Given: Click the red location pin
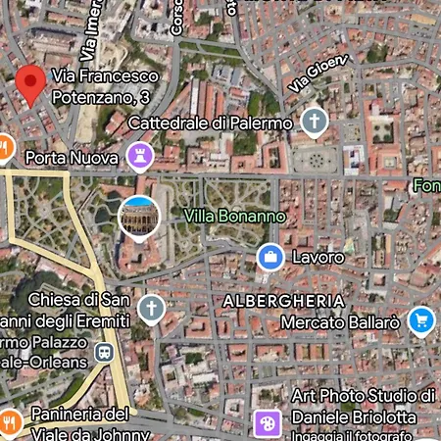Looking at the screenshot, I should tap(31, 85).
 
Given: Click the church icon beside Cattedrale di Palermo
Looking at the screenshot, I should tap(314, 122).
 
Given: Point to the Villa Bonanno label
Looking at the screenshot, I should tap(234, 216).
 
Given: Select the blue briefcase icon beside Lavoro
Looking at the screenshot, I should tap(269, 257).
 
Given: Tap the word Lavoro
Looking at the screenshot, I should tap(318, 258).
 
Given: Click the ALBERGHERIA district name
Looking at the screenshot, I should tap(284, 300).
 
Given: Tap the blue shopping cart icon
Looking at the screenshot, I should tap(421, 319).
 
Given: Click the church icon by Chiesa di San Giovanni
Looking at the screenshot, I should tap(151, 310).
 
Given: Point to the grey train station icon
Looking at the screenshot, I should tap(103, 352).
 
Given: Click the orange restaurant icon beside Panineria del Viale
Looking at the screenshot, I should tap(9, 421).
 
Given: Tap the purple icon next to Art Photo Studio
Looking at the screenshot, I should tap(267, 422).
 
